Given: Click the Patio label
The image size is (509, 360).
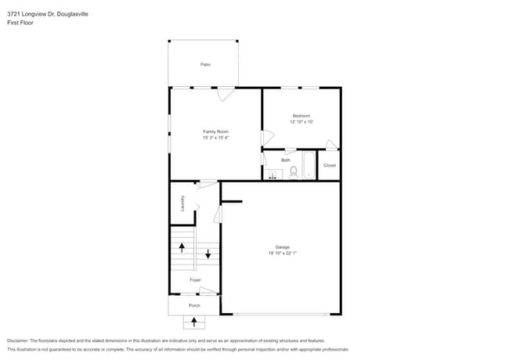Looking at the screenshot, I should click(205, 64).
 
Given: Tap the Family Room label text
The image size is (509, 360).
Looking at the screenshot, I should click(215, 131).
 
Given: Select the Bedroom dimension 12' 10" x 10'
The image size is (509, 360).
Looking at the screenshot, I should click(301, 122).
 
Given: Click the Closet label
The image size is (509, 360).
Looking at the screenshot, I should click(330, 165).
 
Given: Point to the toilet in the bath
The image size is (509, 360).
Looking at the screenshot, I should click(294, 172).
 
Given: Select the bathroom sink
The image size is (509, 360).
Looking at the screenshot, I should click(273, 175).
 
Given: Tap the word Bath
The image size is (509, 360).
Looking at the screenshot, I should click(286, 160).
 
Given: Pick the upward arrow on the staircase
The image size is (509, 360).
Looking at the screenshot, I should click(182, 247).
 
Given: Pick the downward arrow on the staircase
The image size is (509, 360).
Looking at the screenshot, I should click(208, 254).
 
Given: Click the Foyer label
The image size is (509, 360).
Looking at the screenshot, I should click(195, 279).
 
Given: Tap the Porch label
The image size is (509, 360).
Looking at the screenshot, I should click(194, 305).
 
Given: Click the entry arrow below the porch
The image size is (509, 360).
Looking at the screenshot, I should click(194, 321).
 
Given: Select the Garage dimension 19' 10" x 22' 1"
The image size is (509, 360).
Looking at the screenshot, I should click(282, 253).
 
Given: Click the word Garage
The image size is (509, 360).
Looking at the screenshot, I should click(282, 247).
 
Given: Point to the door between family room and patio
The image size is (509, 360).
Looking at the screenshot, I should click(226, 93).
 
